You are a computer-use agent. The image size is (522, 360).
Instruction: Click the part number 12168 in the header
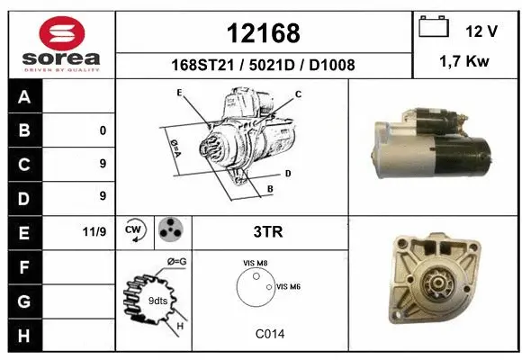pyautogui.click(x=263, y=33)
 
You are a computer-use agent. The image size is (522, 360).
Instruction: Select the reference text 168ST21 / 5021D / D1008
pyautogui.click(x=263, y=65)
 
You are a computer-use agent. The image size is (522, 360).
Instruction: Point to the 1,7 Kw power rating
pyautogui.click(x=464, y=63)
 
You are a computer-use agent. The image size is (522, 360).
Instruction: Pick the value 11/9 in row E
pyautogui.click(x=94, y=231)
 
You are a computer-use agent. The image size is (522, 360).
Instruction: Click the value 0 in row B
pyautogui.click(x=103, y=130)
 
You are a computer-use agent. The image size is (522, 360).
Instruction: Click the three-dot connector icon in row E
pyautogui.click(x=170, y=230)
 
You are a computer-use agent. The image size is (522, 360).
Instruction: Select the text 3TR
pyautogui.click(x=269, y=231)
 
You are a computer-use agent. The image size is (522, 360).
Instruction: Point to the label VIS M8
pyautogui.click(x=255, y=263)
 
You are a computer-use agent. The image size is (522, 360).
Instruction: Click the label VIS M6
pyautogui.click(x=288, y=286)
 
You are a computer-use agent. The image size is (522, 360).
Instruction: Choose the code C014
pyautogui.click(x=269, y=334)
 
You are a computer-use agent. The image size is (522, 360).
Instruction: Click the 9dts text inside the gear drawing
pyautogui.click(x=157, y=300)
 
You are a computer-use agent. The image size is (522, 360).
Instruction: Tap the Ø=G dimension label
pyautogui.click(x=176, y=261)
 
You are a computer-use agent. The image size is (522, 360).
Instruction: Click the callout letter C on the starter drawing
pyautogui.click(x=298, y=94)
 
